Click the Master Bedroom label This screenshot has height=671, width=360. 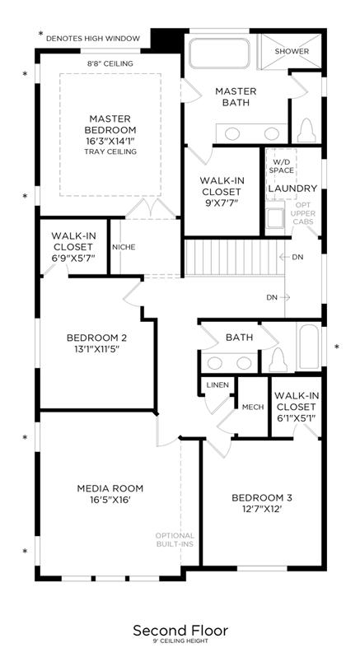point(110,124)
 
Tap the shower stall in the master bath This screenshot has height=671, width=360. point(291,51)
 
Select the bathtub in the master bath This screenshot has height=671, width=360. point(220,54)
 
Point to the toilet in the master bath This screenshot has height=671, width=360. point(306,129)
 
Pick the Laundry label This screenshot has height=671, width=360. point(292,189)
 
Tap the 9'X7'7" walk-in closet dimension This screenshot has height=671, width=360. point(222,203)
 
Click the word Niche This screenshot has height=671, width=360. point(124,247)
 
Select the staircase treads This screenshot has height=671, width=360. point(235,258)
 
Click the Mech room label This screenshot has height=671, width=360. point(253,407)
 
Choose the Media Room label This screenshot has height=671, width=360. point(110,488)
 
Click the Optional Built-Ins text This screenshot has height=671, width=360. point(175,539)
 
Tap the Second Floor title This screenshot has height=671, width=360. point(180,631)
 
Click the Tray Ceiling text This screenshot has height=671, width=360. point(110,151)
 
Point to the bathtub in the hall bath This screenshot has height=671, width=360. point(308,347)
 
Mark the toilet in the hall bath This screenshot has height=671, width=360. point(278,359)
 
